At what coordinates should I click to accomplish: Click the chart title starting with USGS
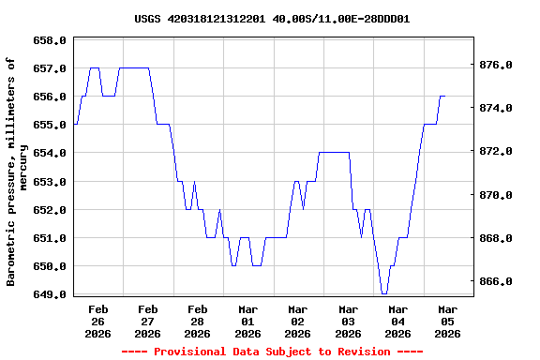[271, 19]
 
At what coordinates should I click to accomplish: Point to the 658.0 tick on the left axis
[50, 41]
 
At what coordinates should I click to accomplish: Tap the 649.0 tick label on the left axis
[50, 294]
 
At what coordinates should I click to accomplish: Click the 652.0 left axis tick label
[50, 210]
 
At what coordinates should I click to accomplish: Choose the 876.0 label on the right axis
[495, 66]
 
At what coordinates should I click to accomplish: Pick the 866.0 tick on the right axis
[495, 282]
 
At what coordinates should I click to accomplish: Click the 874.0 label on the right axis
[495, 109]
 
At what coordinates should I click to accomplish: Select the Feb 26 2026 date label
[97, 321]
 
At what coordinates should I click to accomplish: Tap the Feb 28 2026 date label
[197, 321]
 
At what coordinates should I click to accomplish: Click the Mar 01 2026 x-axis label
[247, 321]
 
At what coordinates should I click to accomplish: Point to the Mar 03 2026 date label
[348, 321]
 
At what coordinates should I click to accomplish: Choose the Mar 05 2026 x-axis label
[448, 321]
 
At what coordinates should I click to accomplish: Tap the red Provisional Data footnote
[272, 352]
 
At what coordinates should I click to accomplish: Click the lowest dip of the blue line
[384, 293]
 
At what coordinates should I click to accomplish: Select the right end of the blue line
[444, 97]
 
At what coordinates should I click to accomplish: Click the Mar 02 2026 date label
[297, 321]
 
